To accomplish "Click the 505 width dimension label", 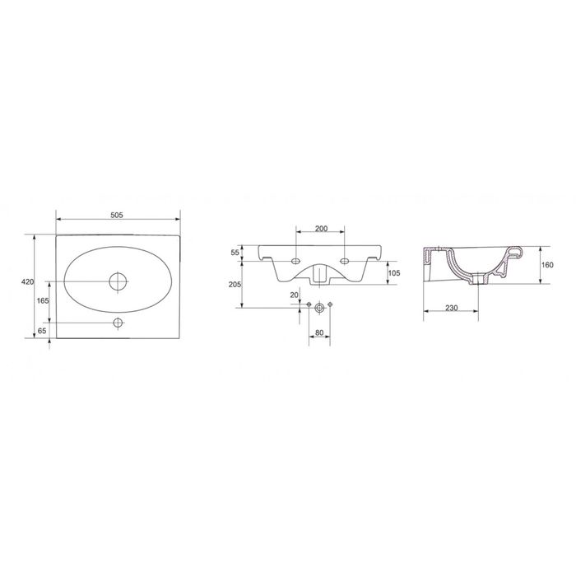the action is (x=117, y=216).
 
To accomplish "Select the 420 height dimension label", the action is (x=28, y=281).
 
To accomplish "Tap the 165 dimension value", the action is (x=43, y=300).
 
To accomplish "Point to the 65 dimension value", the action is (x=42, y=331).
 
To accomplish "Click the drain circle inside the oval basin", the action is (x=118, y=281).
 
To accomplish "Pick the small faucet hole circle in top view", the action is (x=118, y=323).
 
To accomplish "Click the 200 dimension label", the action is (x=321, y=229).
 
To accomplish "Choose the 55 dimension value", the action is (x=235, y=253).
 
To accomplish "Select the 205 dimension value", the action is (x=235, y=285).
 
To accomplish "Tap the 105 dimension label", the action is (x=394, y=273).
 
